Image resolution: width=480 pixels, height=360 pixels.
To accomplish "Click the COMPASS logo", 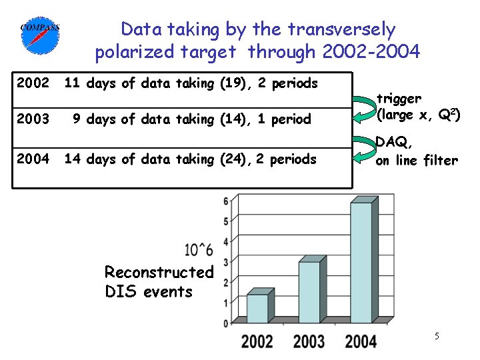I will (41, 34).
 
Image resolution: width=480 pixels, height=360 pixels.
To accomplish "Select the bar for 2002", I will (259, 307).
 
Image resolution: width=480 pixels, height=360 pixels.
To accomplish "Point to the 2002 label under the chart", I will (257, 341).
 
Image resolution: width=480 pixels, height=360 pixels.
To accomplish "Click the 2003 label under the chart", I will (309, 341).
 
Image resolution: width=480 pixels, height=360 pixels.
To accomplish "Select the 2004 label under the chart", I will (361, 341).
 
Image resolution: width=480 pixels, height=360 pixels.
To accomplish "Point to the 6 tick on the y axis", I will (226, 201).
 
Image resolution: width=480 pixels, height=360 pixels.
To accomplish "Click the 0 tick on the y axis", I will (226, 323).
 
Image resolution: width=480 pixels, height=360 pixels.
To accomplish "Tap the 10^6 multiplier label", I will (199, 250).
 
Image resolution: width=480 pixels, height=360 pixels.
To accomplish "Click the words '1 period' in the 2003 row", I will (283, 119).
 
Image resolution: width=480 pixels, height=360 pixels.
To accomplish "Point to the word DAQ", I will (393, 141).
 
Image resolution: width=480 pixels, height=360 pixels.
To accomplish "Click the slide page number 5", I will (437, 336).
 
